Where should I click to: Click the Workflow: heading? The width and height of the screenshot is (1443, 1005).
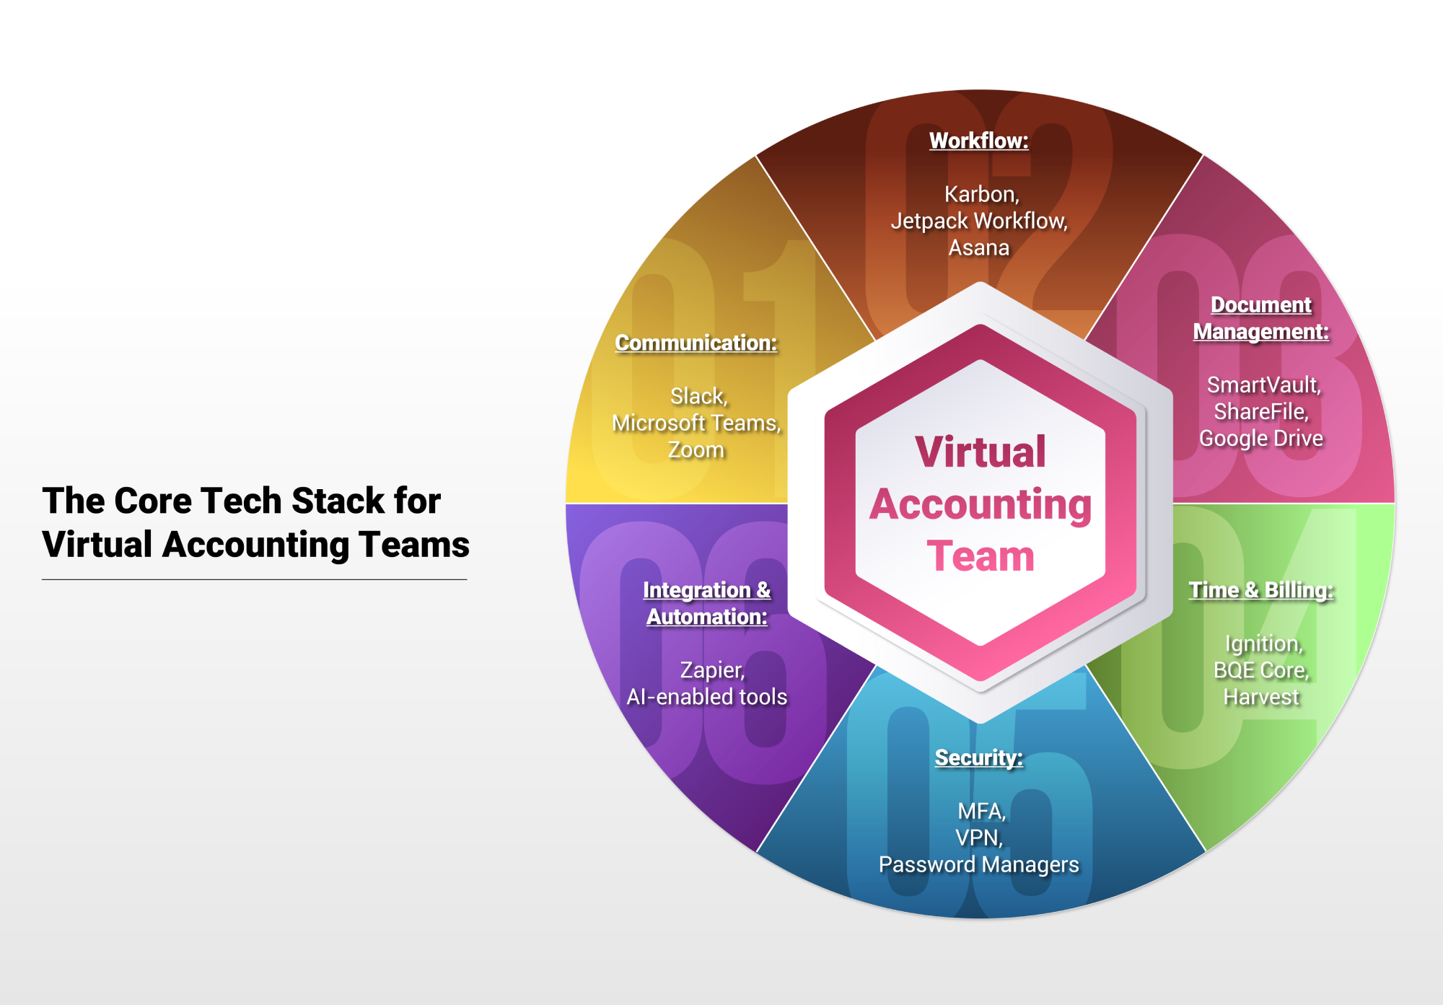click(979, 141)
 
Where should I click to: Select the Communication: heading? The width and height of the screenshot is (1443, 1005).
click(696, 343)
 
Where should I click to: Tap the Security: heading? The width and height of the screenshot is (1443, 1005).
click(979, 758)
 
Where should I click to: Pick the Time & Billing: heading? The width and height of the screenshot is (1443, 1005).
click(1261, 590)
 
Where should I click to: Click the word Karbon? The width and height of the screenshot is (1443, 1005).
click(980, 194)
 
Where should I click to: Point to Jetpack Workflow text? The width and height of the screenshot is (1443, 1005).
click(979, 221)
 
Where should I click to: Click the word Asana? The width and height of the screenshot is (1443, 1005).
click(979, 247)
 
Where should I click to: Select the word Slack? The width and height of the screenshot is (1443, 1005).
click(697, 396)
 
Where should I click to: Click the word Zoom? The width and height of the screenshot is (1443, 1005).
click(696, 449)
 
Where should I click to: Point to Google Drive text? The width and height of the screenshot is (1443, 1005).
click(1261, 438)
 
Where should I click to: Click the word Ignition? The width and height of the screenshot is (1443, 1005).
click(1262, 644)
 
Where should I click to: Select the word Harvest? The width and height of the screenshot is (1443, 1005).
click(1261, 697)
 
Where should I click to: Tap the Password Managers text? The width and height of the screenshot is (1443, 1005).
click(979, 864)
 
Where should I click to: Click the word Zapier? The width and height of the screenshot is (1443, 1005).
click(711, 670)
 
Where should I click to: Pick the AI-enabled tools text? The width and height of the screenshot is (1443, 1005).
click(707, 697)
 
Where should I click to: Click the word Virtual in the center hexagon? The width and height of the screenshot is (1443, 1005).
click(981, 452)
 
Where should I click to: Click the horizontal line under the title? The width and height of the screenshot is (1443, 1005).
click(255, 579)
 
